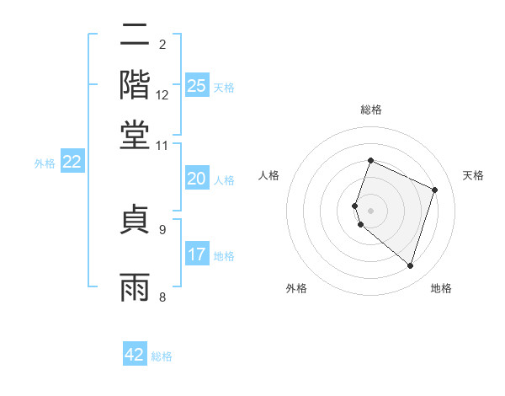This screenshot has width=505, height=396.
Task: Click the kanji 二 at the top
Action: click(x=136, y=37)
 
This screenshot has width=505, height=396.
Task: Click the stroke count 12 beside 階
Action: click(x=162, y=95)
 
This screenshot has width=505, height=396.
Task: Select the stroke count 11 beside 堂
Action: click(x=162, y=145)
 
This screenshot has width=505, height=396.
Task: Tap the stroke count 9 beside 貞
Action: click(x=162, y=228)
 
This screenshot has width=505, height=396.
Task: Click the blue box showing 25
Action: click(x=197, y=85)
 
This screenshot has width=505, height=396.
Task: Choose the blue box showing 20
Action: click(x=197, y=179)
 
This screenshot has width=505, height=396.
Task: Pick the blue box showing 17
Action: click(x=197, y=254)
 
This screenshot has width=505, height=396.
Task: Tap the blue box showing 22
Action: click(x=72, y=162)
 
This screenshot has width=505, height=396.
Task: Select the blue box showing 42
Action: click(x=135, y=355)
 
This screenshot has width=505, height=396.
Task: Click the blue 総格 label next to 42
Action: click(x=162, y=356)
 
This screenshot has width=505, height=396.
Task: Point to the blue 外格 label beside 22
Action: click(x=45, y=163)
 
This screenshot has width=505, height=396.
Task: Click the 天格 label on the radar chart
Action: click(x=473, y=175)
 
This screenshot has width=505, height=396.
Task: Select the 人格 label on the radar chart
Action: click(x=268, y=175)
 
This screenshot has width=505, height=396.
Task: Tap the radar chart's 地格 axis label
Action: click(x=441, y=288)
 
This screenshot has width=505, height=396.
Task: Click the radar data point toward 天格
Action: click(x=435, y=190)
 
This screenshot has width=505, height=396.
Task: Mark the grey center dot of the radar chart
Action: click(x=371, y=211)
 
